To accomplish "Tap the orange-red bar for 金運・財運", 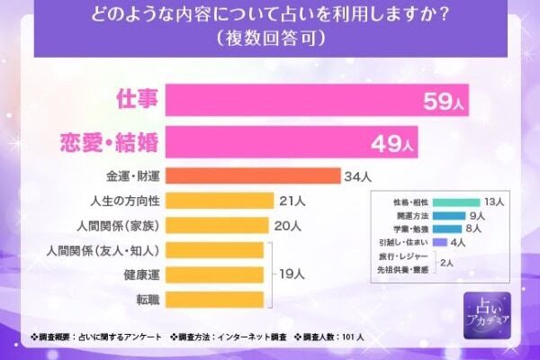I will [251, 175].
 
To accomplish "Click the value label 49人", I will [391, 142].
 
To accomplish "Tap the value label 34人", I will [357, 175].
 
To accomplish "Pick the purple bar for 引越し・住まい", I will [440, 242].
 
